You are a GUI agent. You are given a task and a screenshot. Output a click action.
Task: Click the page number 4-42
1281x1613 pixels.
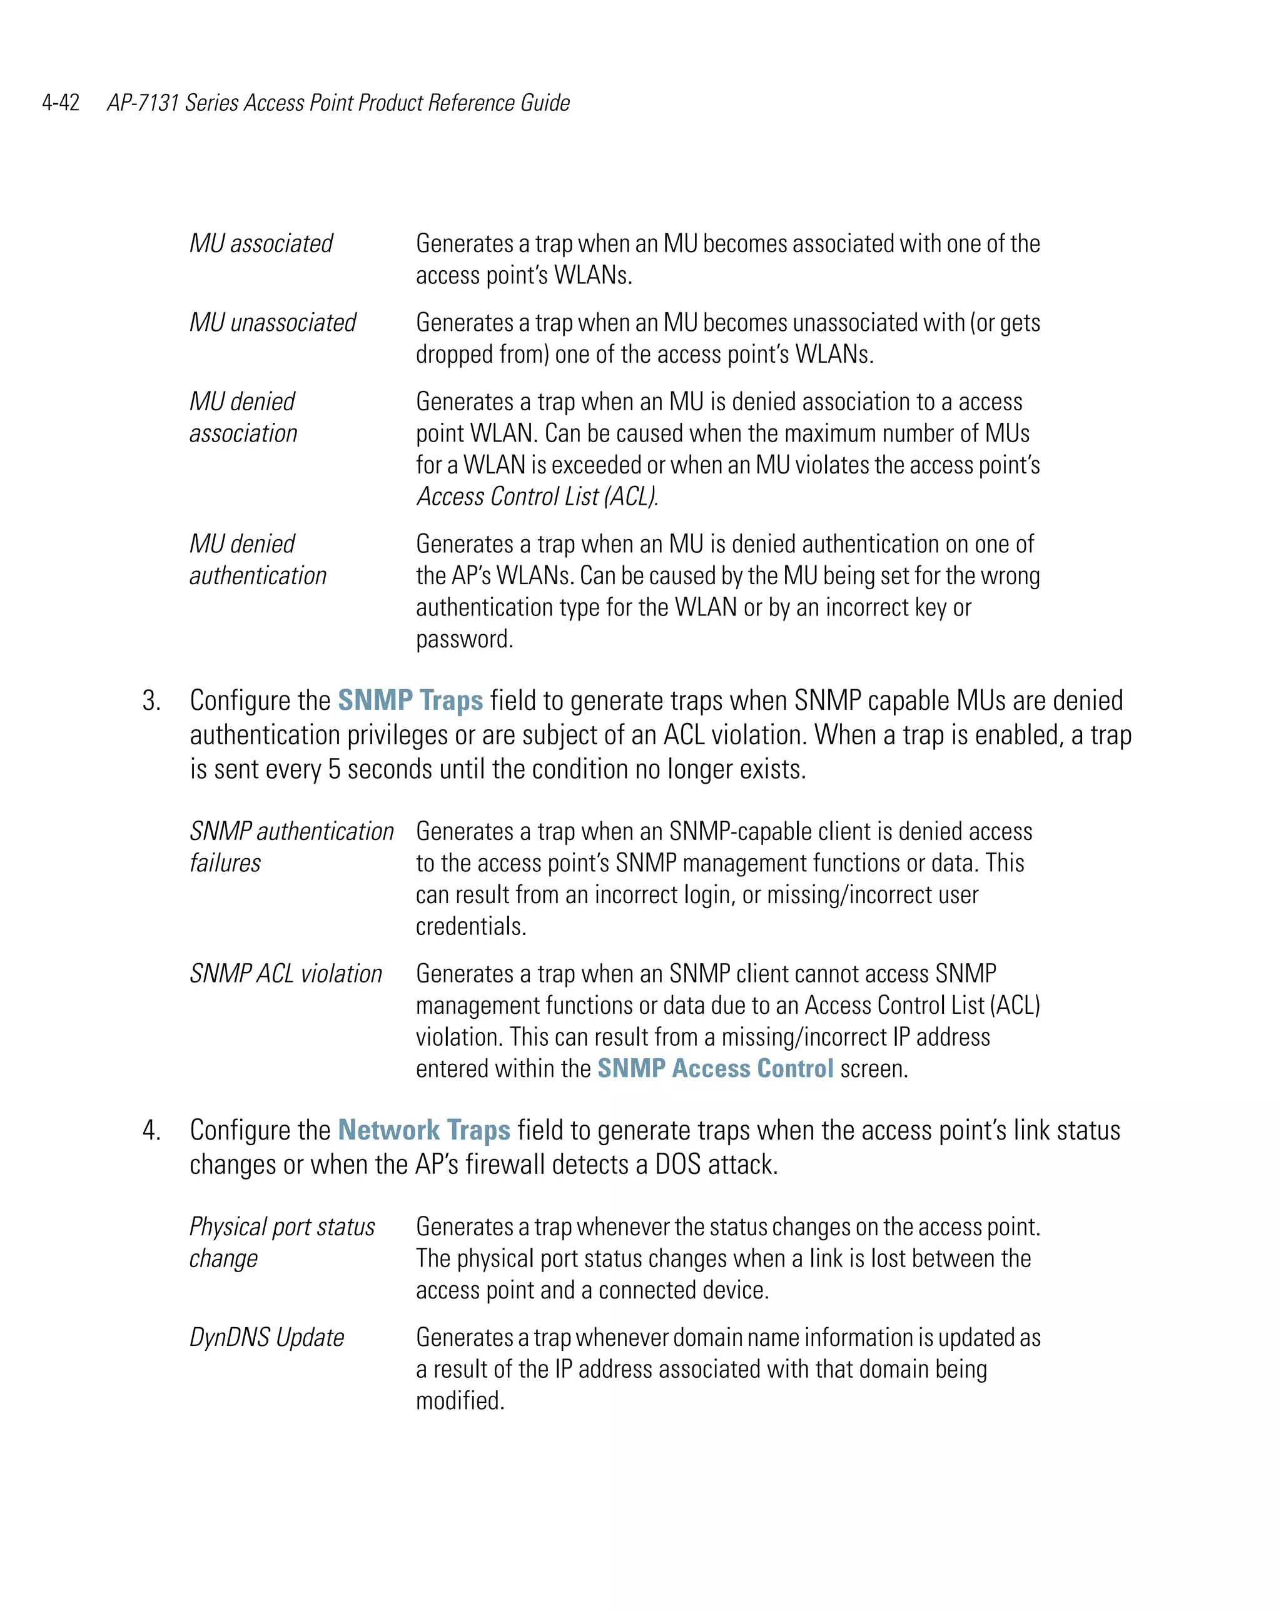pyautogui.click(x=61, y=103)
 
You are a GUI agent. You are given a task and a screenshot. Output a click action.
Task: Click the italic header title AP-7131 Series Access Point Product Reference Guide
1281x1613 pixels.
pyautogui.click(x=338, y=103)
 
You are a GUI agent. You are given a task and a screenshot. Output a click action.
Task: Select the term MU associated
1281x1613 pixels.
pyautogui.click(x=260, y=243)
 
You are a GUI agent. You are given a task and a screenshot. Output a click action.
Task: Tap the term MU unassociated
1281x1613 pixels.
pyautogui.click(x=272, y=323)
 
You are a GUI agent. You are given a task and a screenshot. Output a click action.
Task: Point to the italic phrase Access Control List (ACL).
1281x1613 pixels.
pyautogui.click(x=537, y=496)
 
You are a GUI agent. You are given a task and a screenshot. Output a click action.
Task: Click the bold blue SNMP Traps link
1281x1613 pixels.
pyautogui.click(x=410, y=700)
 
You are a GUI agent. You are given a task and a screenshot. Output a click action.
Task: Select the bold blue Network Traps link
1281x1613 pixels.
pyautogui.click(x=423, y=1130)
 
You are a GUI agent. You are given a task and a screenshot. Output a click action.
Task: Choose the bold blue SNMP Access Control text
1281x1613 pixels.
pyautogui.click(x=714, y=1068)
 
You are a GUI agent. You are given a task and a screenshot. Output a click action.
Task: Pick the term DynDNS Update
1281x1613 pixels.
pyautogui.click(x=266, y=1337)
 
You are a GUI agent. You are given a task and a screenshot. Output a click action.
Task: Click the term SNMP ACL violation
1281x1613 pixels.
pyautogui.click(x=285, y=973)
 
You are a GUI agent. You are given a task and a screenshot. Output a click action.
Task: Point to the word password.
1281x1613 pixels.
pyautogui.click(x=464, y=639)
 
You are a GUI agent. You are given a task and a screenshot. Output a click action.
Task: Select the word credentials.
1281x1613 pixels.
pyautogui.click(x=470, y=926)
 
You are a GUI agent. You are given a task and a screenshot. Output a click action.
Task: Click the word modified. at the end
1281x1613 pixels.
pyautogui.click(x=460, y=1400)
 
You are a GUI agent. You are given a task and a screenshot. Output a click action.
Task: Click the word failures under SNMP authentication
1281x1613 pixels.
pyautogui.click(x=225, y=863)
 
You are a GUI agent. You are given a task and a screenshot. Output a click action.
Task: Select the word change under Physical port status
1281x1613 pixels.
pyautogui.click(x=223, y=1259)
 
